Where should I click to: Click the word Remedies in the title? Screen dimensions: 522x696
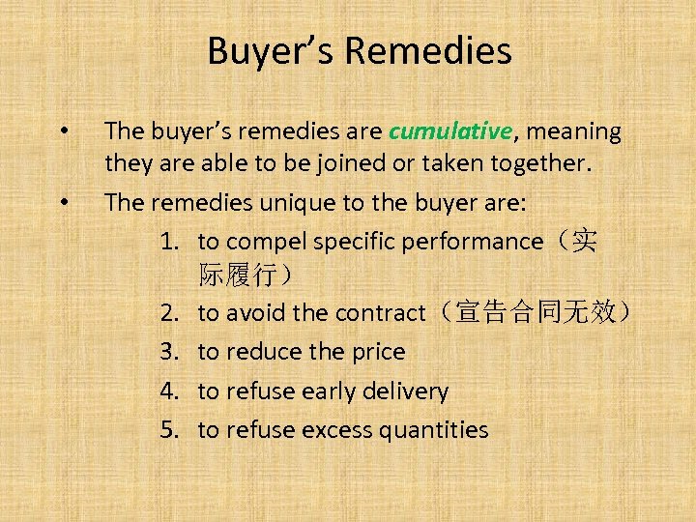click(428, 51)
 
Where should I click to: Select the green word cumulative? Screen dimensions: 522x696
click(449, 131)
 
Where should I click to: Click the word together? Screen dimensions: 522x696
click(536, 165)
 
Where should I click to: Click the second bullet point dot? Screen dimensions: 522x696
click(64, 203)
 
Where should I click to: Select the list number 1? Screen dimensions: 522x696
click(168, 241)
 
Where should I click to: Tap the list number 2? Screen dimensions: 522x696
click(168, 313)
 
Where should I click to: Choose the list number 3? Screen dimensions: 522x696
click(168, 352)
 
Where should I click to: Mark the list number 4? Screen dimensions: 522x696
click(168, 391)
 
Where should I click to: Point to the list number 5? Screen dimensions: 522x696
click(168, 430)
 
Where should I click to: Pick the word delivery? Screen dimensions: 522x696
click(403, 391)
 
